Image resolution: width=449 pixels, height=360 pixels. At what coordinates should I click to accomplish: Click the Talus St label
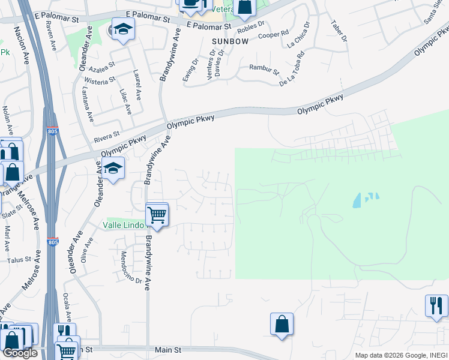(x=19, y=259)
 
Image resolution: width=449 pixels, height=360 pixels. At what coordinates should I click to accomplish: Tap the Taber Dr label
(x=339, y=31)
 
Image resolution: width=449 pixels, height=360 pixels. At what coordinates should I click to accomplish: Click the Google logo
(x=20, y=353)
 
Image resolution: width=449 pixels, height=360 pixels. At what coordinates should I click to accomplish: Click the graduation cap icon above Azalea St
(x=122, y=29)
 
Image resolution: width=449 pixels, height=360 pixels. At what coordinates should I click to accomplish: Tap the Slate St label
(x=11, y=210)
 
